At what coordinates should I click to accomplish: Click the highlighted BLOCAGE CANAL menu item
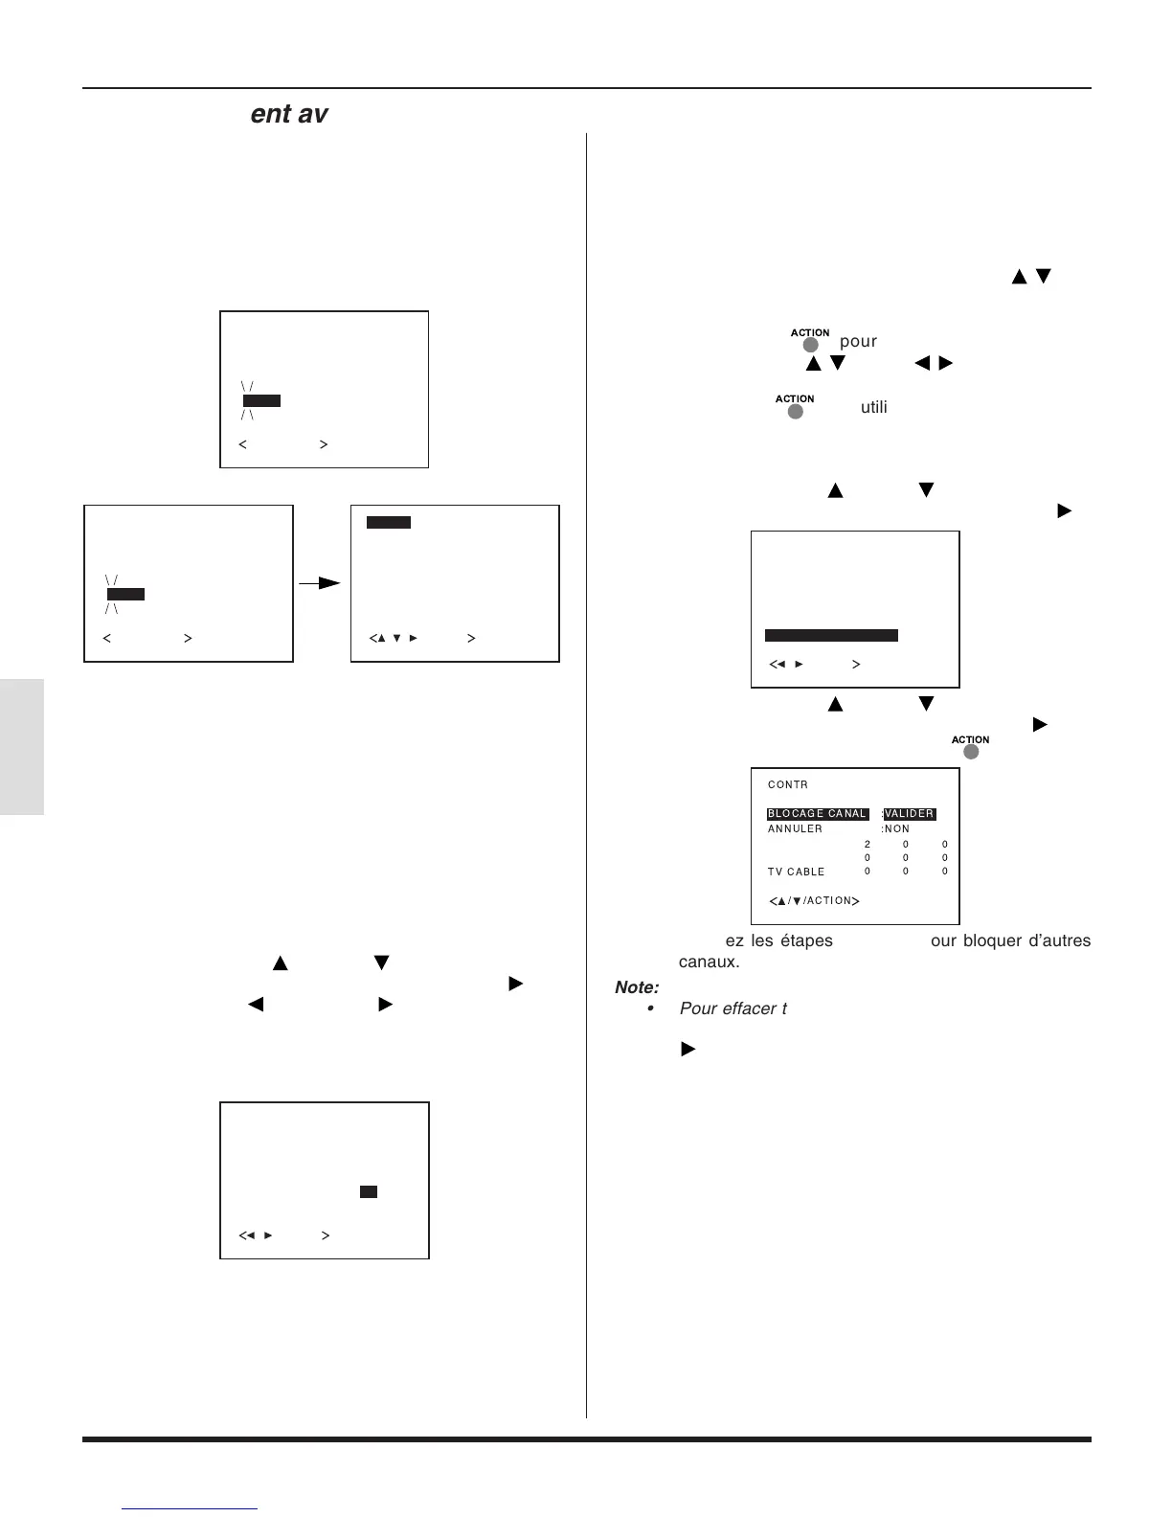click(x=817, y=814)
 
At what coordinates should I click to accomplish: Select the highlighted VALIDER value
click(x=909, y=814)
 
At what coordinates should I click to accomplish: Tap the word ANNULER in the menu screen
click(x=795, y=829)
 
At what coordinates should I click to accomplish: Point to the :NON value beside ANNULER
click(x=896, y=829)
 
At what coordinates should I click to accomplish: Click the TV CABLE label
click(x=796, y=872)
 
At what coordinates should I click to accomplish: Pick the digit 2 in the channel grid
click(x=868, y=845)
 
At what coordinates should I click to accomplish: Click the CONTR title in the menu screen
click(x=788, y=785)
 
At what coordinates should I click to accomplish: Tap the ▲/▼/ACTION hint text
click(x=814, y=901)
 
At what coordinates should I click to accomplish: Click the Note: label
click(x=637, y=987)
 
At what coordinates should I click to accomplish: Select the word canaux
click(x=709, y=962)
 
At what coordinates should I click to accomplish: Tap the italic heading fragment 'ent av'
click(x=289, y=114)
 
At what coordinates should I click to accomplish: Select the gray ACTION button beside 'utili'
click(x=795, y=411)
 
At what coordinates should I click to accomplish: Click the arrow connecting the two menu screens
click(x=321, y=582)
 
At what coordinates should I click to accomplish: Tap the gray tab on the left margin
click(x=22, y=747)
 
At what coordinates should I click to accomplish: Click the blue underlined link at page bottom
click(x=190, y=1508)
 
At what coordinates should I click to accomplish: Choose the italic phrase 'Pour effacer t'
click(x=733, y=1008)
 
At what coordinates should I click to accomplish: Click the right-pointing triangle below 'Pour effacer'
click(x=687, y=1050)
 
